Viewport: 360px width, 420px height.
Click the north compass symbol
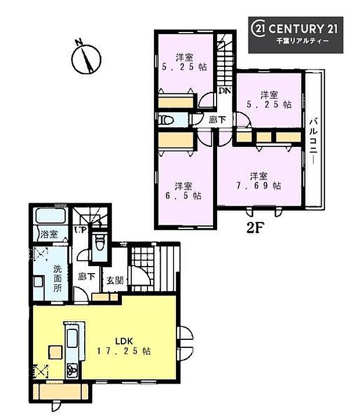(87, 57)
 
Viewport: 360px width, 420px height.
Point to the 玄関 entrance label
(113, 280)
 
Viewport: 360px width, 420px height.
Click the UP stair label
(81, 230)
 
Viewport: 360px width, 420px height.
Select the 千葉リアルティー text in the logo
(302, 42)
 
